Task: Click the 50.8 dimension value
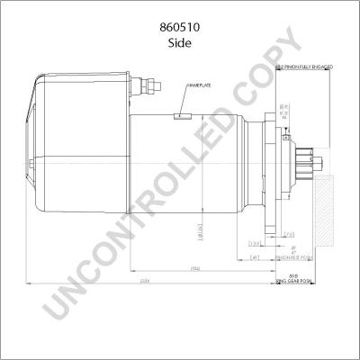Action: click(x=293, y=274)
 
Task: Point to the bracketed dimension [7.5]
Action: click(x=288, y=234)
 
